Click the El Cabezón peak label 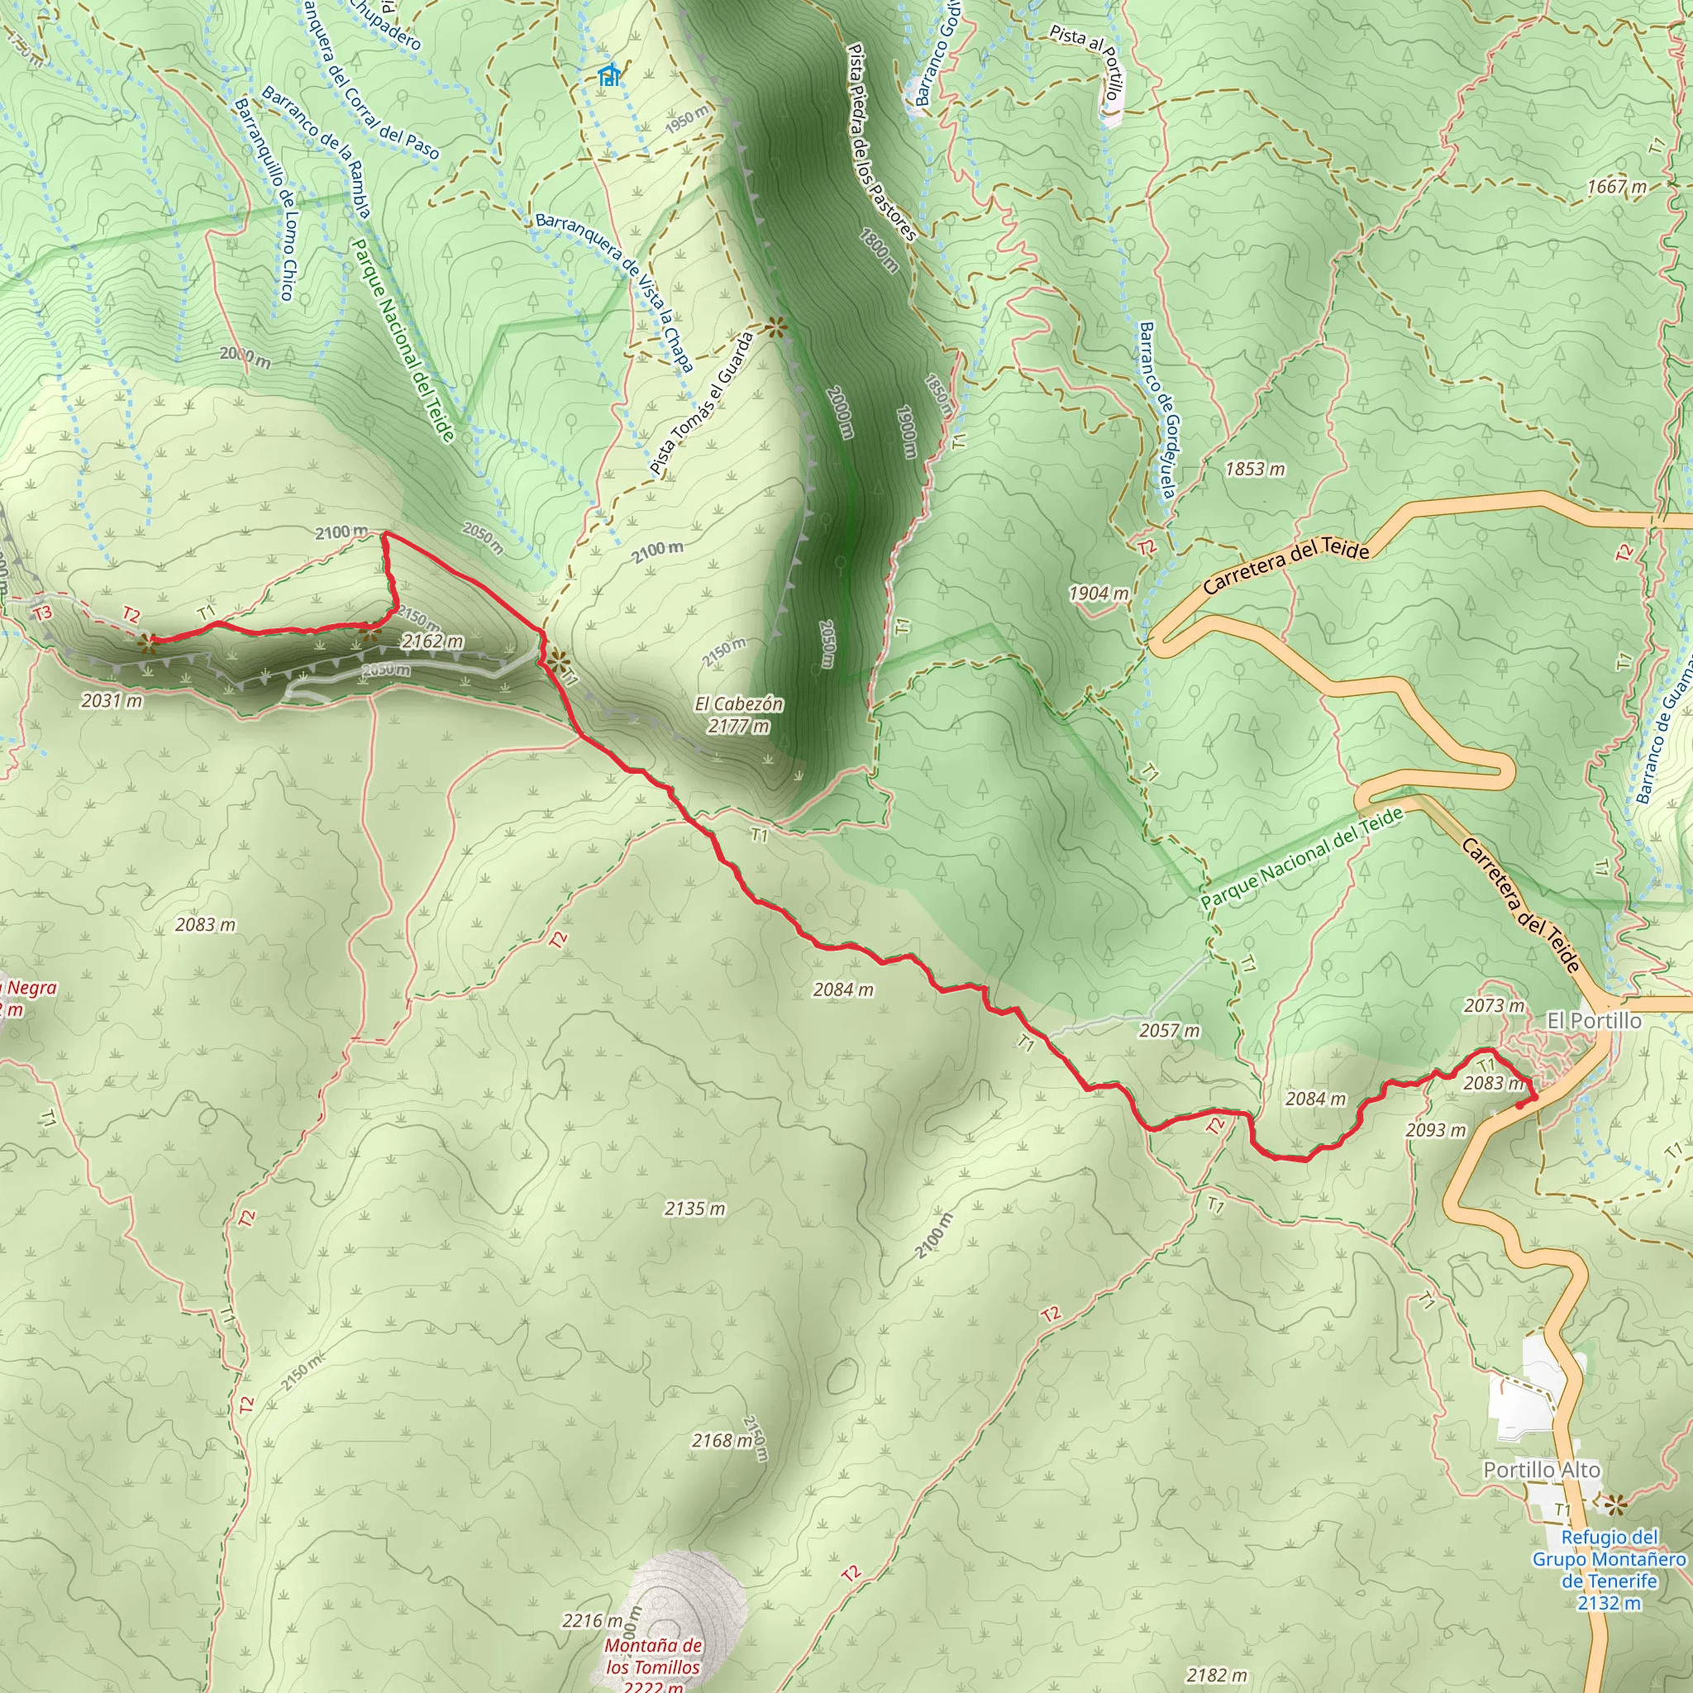[739, 714]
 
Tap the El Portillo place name [1594, 1020]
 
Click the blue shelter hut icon [609, 75]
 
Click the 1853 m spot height [1255, 470]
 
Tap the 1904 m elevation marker [1098, 594]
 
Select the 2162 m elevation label [432, 641]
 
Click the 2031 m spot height [112, 700]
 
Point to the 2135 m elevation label [695, 1209]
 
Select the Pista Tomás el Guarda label [702, 403]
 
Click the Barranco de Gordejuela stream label [1156, 410]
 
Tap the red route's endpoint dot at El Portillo [1519, 1106]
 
